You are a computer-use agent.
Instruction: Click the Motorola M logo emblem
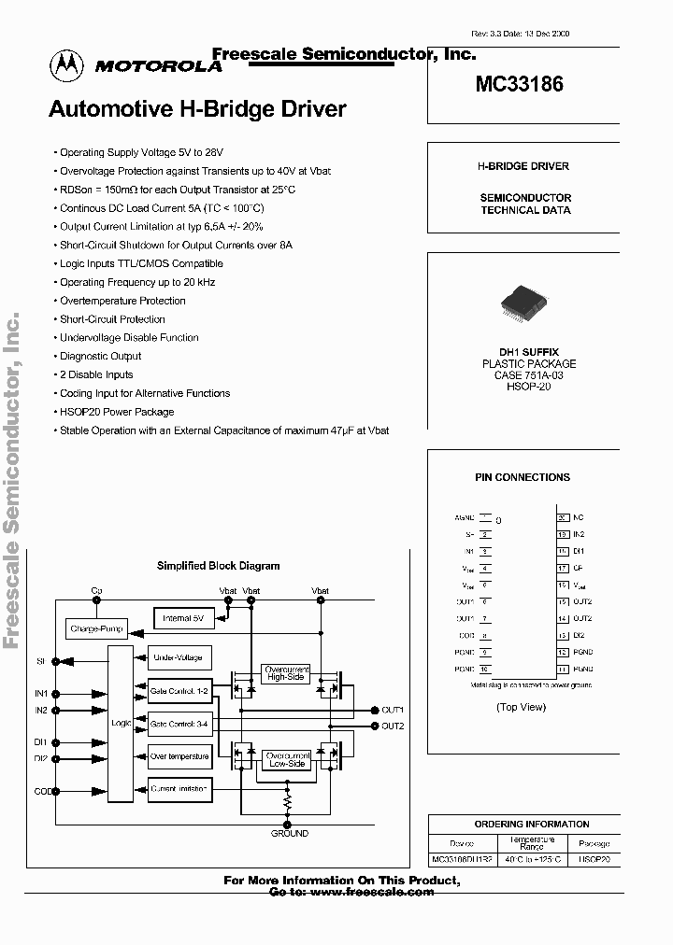coord(65,63)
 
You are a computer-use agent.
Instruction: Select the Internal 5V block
coord(183,618)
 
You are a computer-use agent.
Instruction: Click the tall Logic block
coord(121,723)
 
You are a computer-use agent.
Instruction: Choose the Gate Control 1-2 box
coord(179,691)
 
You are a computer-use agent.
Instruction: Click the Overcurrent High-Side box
coord(286,674)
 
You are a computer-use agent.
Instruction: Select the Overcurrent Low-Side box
coord(286,759)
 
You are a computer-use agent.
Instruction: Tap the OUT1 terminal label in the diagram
coord(393,710)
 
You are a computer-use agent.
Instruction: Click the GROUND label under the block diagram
coord(289,833)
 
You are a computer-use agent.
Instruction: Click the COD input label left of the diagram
coord(41,791)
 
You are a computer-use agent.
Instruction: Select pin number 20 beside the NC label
coord(563,516)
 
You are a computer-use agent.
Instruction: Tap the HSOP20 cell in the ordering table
coord(594,858)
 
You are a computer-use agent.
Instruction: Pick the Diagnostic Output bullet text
coord(101,356)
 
